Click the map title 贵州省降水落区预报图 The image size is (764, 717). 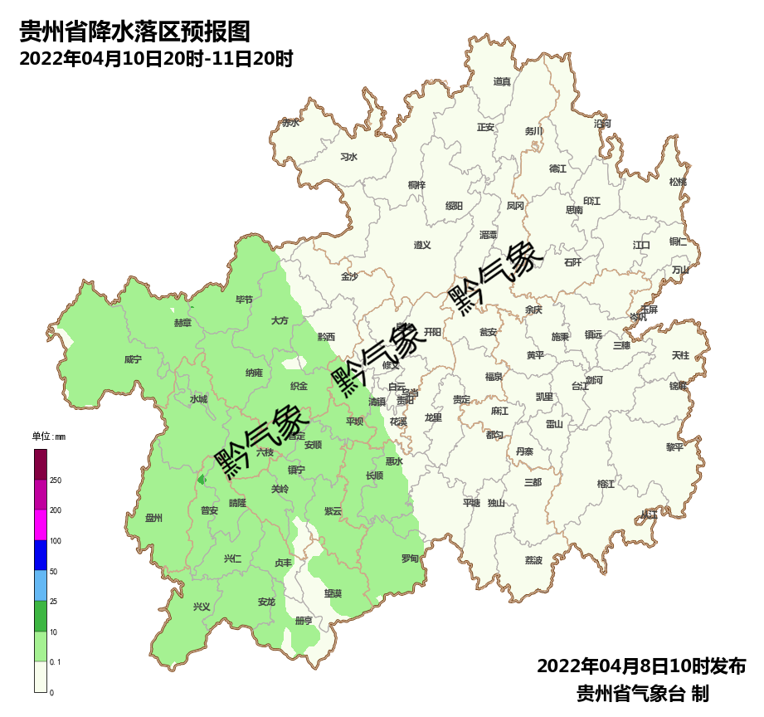coord(134,32)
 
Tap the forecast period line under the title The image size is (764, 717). coord(156,59)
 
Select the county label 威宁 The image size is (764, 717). coord(133,359)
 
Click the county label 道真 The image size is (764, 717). coord(502,81)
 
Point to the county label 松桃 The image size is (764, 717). coord(678,182)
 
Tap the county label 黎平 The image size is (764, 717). coord(674,446)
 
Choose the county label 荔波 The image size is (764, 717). coord(533,560)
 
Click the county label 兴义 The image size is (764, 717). coord(202,607)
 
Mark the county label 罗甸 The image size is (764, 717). coord(410,558)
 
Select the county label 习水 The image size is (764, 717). coord(349,156)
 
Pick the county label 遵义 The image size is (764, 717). coord(422,245)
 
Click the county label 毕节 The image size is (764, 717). coord(244,300)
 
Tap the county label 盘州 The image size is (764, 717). coord(153,518)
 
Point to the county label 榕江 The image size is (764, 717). coord(606,484)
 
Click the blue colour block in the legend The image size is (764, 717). coord(41,555)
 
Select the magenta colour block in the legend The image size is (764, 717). coord(41,524)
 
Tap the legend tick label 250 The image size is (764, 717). coord(56,480)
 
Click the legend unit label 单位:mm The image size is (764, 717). coord(48,437)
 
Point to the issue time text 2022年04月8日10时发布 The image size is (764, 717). coord(641,666)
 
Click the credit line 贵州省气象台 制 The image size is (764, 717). coord(641,694)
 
